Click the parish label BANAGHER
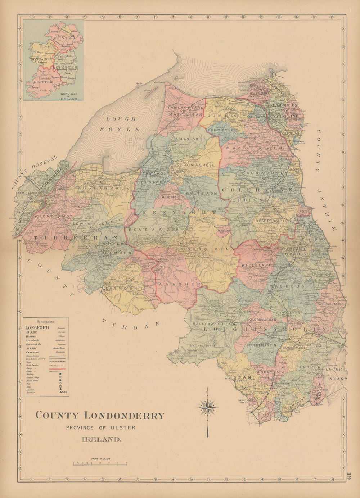click(176, 284)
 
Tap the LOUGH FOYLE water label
click(122, 124)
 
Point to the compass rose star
click(207, 408)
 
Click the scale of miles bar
click(100, 464)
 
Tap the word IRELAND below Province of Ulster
click(102, 439)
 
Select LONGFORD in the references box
click(37, 328)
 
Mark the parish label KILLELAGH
click(256, 265)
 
